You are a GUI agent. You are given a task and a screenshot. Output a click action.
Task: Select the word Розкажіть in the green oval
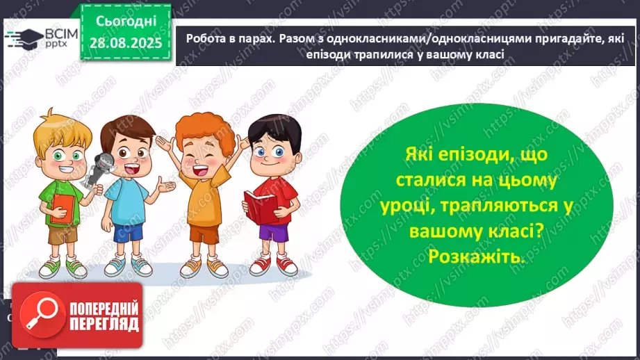[x=475, y=257]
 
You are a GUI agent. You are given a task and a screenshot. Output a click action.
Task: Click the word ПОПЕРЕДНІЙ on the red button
[x=101, y=306]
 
